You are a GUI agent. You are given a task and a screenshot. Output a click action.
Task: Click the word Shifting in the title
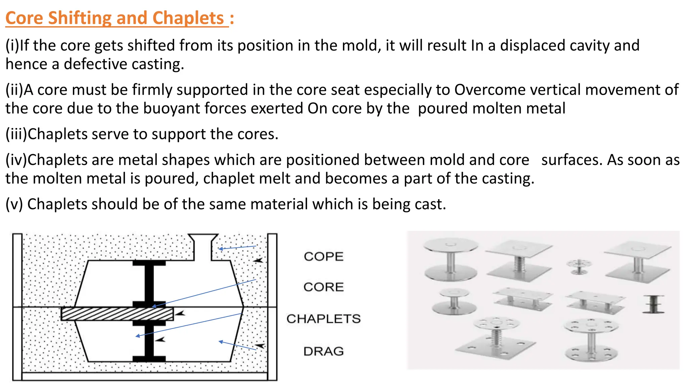[79, 18]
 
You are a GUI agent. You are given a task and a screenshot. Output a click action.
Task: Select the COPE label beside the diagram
[324, 257]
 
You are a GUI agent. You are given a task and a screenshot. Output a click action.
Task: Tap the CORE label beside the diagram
[324, 287]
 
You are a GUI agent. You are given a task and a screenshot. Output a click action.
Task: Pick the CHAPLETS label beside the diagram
[324, 319]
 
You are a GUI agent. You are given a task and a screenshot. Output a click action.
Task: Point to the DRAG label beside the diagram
[324, 351]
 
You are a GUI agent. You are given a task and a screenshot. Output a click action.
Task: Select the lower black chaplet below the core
[149, 341]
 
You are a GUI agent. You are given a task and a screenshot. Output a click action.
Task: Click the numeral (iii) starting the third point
[16, 134]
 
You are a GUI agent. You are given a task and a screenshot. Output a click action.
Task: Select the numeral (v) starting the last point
[14, 204]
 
